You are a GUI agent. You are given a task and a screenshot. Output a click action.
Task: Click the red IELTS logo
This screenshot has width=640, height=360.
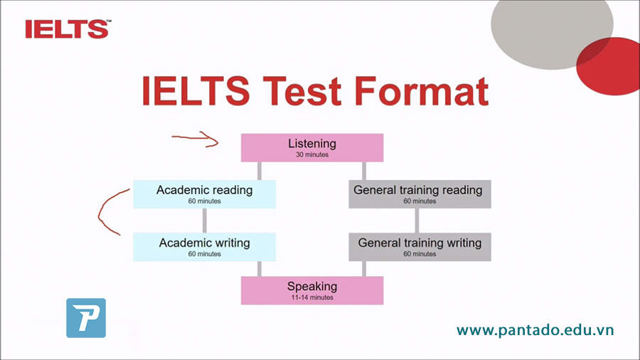coord(68,29)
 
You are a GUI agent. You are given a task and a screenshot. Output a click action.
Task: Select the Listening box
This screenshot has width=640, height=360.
coord(312,148)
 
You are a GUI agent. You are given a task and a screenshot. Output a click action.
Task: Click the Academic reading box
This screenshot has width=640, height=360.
coord(205,194)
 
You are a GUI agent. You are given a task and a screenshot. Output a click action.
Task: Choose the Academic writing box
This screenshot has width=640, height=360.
coord(205,247)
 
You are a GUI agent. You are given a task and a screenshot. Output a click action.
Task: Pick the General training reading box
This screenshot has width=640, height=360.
coord(420,194)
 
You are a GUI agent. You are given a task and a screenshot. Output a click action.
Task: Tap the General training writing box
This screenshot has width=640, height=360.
coord(420,247)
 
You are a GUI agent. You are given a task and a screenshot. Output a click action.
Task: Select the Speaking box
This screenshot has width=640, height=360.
coord(312,290)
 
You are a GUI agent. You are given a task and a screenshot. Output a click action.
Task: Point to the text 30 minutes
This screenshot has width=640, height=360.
coord(312,154)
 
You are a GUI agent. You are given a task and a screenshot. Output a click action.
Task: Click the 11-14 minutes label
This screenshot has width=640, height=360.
coord(312,297)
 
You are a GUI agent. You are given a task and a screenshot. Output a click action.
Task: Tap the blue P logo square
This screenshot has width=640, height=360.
coord(86,318)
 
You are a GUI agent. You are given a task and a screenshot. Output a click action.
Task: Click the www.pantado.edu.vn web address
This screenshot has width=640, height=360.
coord(535,330)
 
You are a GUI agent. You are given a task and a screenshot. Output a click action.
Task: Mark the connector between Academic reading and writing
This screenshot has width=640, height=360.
coord(205,221)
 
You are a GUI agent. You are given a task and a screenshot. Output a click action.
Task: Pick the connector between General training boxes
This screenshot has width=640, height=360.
coord(417,221)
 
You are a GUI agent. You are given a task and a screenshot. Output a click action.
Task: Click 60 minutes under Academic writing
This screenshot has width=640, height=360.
coord(205,254)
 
